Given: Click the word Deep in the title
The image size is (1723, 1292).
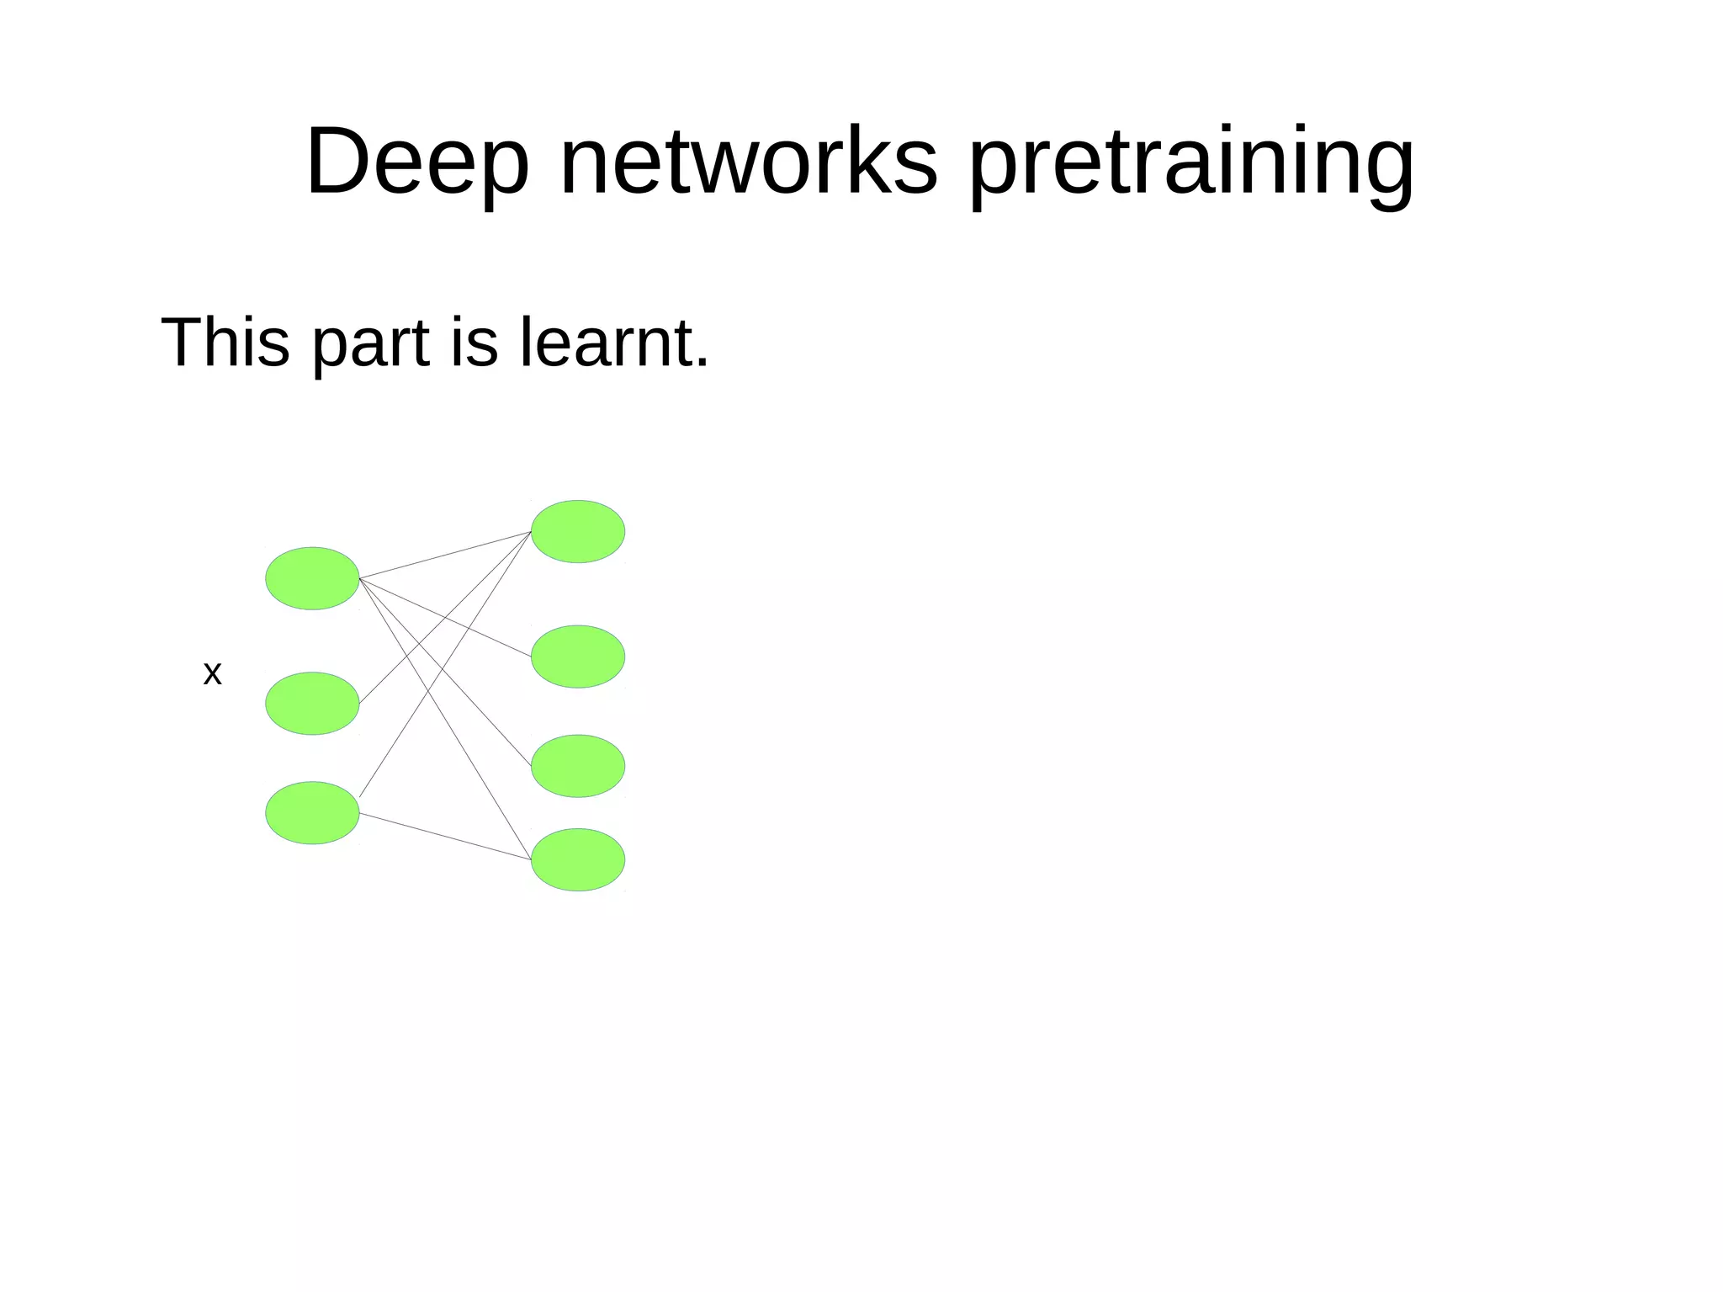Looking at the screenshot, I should (x=417, y=162).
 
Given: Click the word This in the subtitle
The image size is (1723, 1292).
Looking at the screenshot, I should (x=225, y=342).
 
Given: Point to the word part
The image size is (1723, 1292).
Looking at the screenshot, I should (x=371, y=345).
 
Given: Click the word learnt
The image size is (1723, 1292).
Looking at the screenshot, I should (x=606, y=342).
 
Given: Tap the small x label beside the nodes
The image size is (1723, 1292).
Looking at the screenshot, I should (x=212, y=673).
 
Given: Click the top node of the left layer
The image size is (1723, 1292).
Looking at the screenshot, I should (x=312, y=578).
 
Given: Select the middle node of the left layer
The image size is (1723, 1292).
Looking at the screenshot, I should (x=312, y=703).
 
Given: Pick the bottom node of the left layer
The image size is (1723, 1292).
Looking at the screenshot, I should (x=312, y=812).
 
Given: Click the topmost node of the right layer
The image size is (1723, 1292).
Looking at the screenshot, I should (x=578, y=531).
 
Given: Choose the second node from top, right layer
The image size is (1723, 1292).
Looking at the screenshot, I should (x=578, y=656).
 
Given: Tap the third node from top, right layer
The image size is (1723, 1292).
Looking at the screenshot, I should (x=578, y=765).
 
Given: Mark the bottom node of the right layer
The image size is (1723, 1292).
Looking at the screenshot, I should (x=578, y=859).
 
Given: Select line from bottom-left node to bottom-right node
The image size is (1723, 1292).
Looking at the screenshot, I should (x=446, y=836).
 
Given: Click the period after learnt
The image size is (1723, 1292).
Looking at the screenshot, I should (x=702, y=364).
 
